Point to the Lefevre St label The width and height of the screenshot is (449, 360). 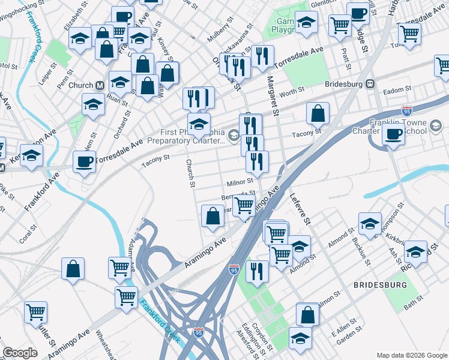coord(300,208)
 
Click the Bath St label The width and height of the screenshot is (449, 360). coord(414,306)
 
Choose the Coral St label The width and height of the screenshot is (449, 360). coord(28,235)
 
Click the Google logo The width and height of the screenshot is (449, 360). coord(20,353)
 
